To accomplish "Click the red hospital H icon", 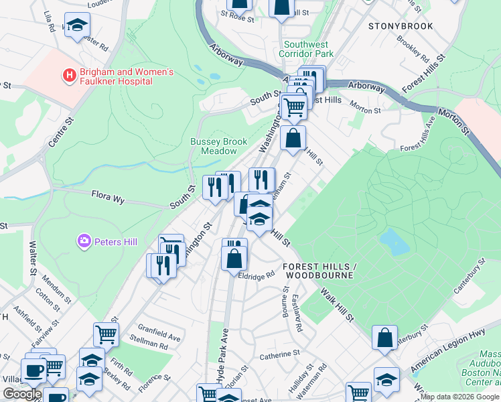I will [x=68, y=76].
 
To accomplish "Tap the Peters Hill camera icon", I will [x=84, y=241].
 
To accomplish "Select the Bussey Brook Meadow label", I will [x=219, y=146].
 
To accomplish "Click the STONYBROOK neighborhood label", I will [x=401, y=26].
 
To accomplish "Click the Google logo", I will [x=23, y=394].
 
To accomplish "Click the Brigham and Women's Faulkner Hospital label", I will [x=117, y=76].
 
